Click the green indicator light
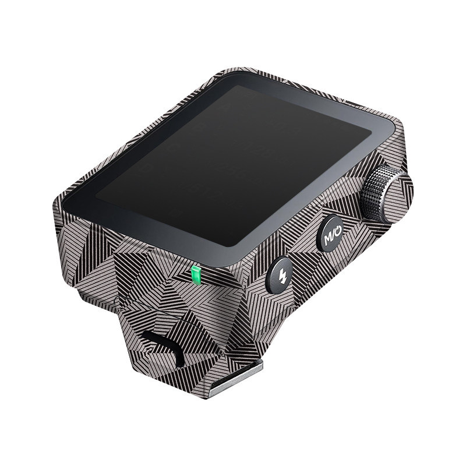pos(196,274)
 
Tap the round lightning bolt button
pos(280,276)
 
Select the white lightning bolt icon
pos(282,276)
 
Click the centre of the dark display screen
pos(234,165)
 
